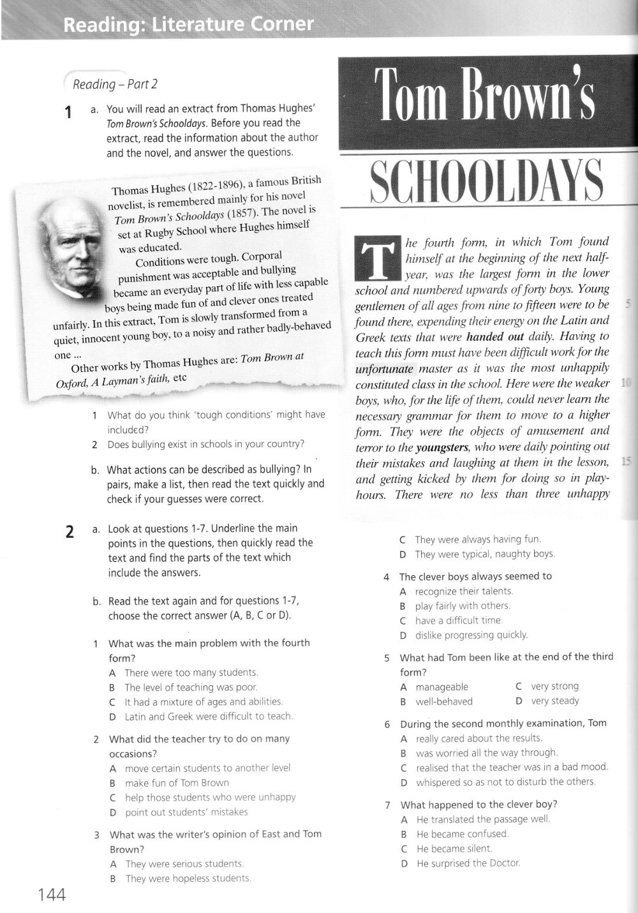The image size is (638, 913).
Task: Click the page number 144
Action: pyautogui.click(x=52, y=894)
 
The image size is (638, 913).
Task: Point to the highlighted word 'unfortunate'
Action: pyautogui.click(x=385, y=368)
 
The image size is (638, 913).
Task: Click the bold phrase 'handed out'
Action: pyautogui.click(x=495, y=336)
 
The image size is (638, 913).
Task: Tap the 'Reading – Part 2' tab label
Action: pyautogui.click(x=115, y=84)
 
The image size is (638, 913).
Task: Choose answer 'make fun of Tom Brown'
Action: pyautogui.click(x=177, y=783)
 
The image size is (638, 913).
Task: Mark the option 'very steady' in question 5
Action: pyautogui.click(x=555, y=701)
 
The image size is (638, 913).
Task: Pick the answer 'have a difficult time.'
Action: pyautogui.click(x=459, y=620)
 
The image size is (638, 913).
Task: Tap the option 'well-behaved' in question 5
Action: pyautogui.click(x=444, y=701)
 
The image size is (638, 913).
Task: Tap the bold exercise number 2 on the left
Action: pyautogui.click(x=71, y=532)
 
